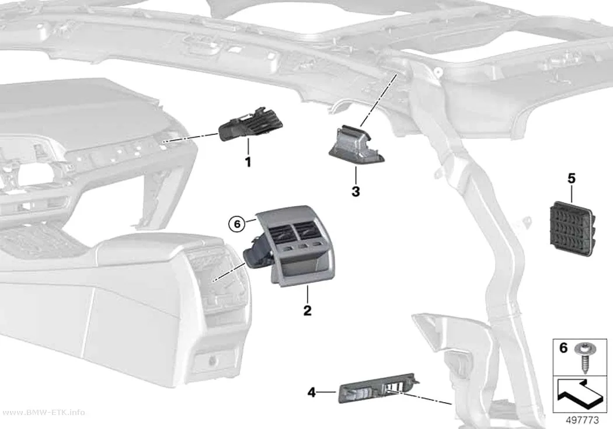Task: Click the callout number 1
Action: [248, 162]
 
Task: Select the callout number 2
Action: [308, 311]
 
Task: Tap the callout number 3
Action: [356, 192]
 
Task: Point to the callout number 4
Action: [312, 392]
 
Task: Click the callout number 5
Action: [572, 179]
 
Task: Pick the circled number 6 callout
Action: [237, 224]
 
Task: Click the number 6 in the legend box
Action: [563, 347]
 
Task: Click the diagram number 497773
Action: [583, 420]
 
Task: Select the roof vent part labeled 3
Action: [356, 144]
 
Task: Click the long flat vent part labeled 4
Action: [378, 388]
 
